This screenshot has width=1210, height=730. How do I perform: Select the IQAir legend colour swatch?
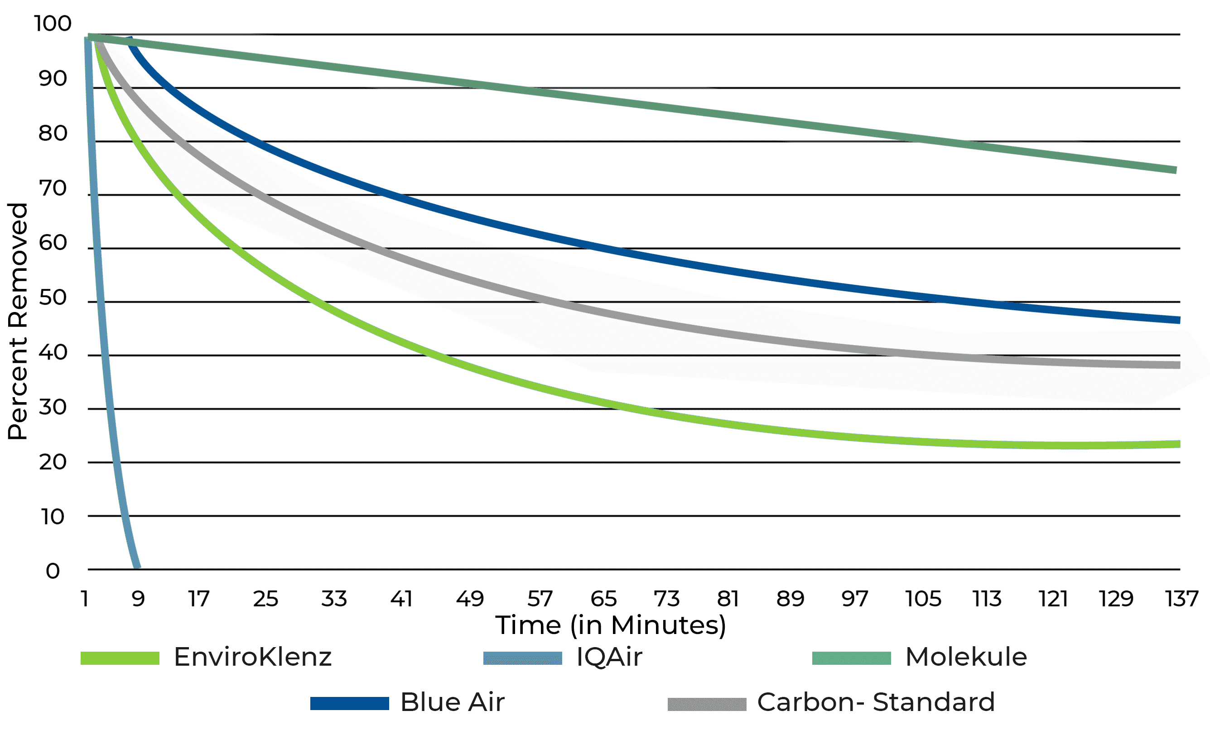point(522,658)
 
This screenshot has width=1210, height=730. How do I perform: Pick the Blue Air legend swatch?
point(350,703)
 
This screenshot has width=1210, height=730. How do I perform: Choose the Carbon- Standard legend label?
point(876,702)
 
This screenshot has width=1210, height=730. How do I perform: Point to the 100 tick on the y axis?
point(53,24)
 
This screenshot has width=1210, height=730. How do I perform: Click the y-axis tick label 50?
point(53,298)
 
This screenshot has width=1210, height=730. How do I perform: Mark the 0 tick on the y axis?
point(53,571)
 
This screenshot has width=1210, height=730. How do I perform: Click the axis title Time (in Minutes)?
point(610,625)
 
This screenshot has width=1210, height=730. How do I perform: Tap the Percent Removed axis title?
point(18,321)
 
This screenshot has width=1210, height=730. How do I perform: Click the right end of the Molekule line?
point(1176,170)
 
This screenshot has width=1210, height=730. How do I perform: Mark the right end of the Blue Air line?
point(1180,320)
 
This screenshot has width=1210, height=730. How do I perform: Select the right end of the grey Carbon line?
point(1180,365)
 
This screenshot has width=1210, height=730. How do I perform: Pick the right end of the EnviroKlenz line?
point(1180,444)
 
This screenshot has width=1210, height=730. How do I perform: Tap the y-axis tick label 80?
point(53,133)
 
